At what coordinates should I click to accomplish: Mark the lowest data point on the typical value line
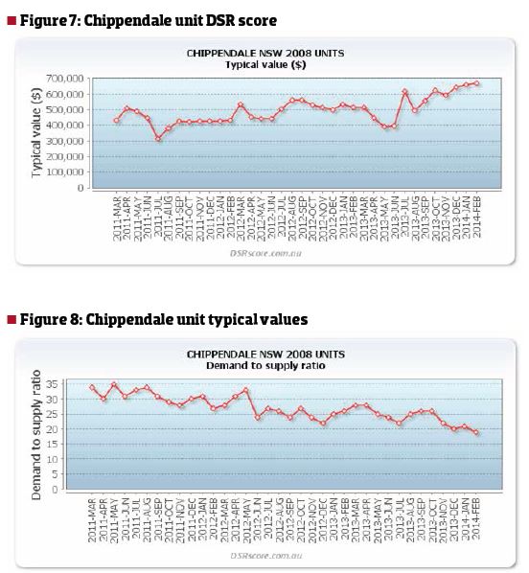point(158,139)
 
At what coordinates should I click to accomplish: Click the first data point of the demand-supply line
point(92,387)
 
